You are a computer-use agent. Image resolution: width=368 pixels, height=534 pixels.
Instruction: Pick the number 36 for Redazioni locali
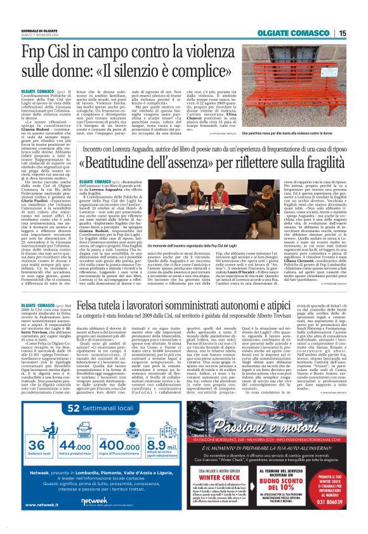[38, 429]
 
